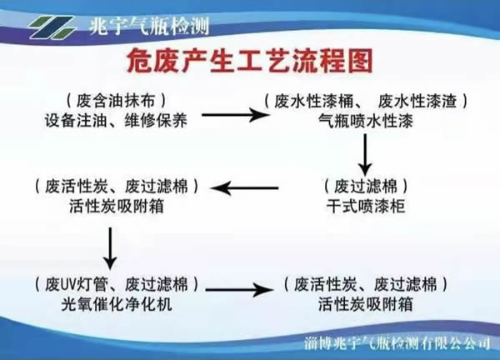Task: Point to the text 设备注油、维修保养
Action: (121, 120)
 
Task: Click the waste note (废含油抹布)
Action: (122, 100)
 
